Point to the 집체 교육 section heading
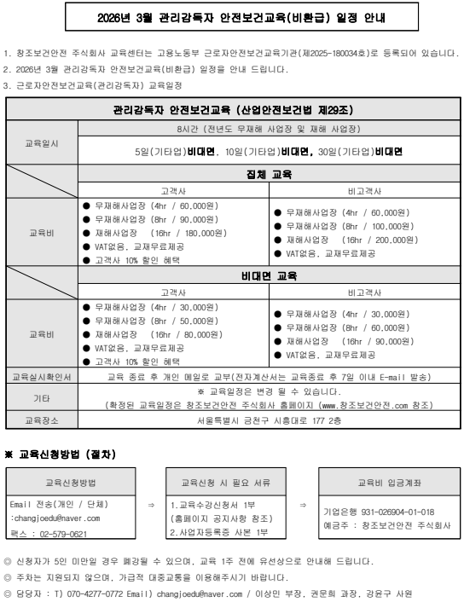click(x=269, y=174)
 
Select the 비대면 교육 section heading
click(x=269, y=275)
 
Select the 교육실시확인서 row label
click(x=43, y=375)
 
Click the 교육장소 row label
click(x=43, y=420)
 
